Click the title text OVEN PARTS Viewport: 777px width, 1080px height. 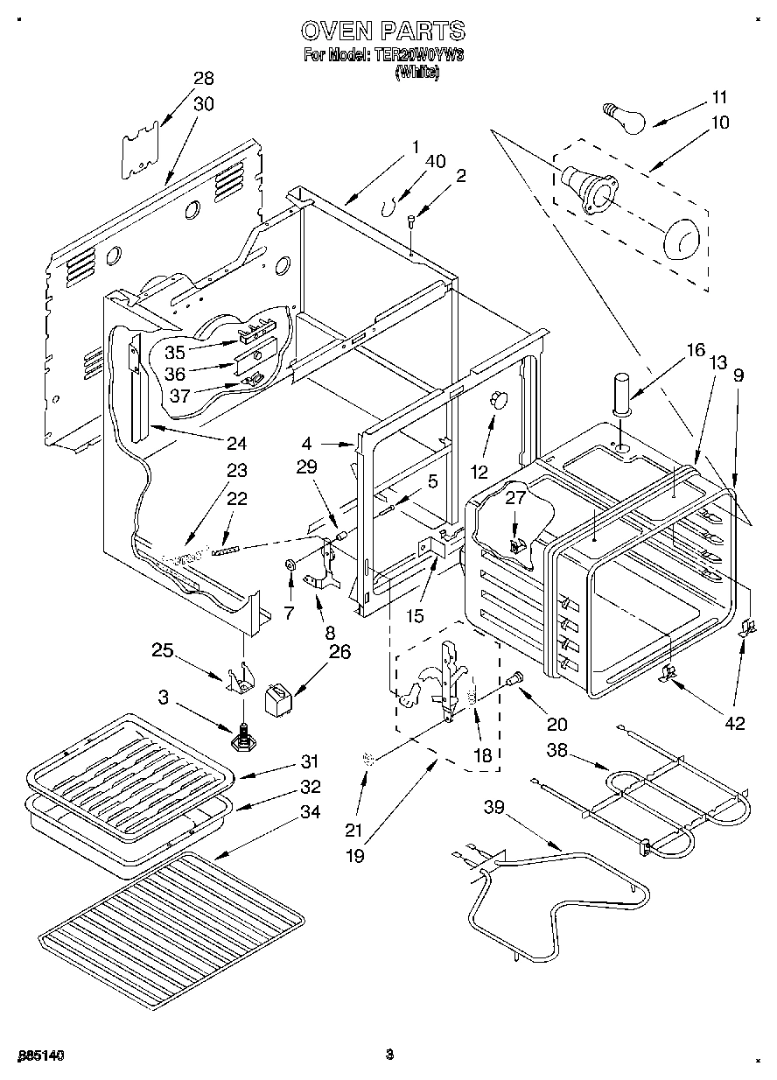(x=382, y=32)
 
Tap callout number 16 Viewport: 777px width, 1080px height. (x=695, y=351)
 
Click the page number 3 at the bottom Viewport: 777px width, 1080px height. (x=389, y=1055)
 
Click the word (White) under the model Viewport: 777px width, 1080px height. (x=416, y=74)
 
